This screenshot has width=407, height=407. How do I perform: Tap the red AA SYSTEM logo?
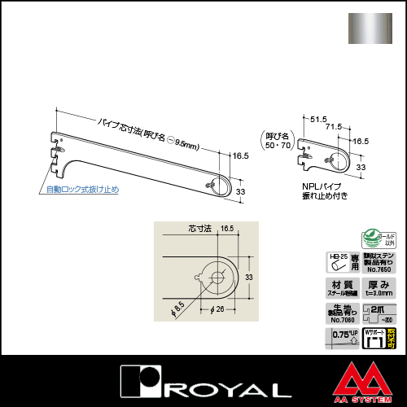coord(365,383)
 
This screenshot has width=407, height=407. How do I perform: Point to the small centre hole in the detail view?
coord(219,275)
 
